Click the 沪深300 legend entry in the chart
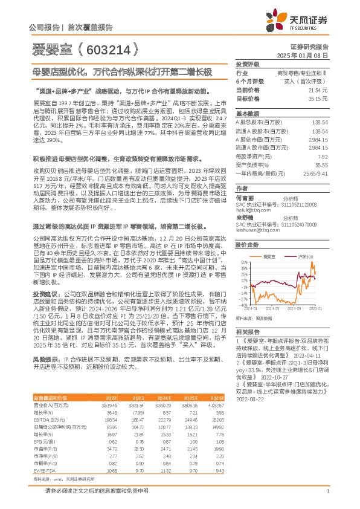click(306, 257)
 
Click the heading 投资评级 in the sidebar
click(247, 63)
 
